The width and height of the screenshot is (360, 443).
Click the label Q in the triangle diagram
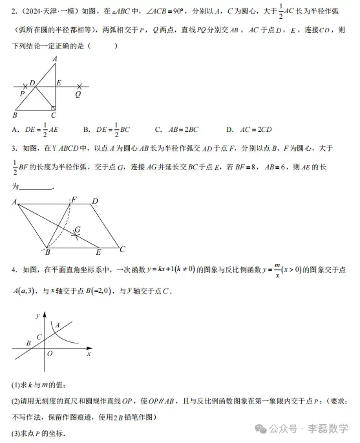(78, 94)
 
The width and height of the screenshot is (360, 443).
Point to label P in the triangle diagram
(22, 94)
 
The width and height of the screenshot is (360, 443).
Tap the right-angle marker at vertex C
(54, 107)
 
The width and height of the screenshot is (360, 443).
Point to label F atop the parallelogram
(74, 200)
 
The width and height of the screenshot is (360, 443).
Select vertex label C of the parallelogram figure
(122, 249)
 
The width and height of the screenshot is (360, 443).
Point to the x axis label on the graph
(88, 354)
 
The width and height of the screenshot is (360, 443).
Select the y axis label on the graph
(38, 315)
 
